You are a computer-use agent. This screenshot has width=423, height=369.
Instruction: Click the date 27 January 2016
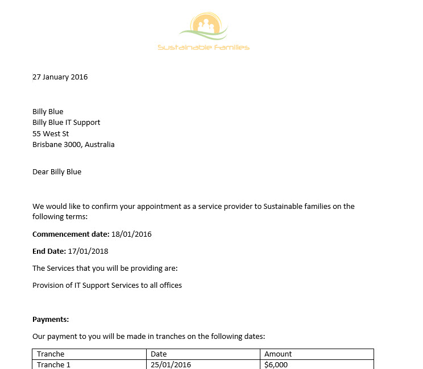[60, 77]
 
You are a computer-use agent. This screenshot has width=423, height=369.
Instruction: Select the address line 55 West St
[51, 133]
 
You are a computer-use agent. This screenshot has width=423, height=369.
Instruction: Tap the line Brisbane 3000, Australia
[73, 145]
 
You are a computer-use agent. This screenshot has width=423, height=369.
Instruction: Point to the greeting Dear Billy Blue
[57, 172]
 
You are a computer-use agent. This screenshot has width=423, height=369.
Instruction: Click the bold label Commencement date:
[70, 234]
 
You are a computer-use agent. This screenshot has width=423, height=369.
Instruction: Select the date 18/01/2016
[131, 234]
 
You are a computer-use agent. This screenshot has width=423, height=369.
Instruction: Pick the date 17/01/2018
[88, 251]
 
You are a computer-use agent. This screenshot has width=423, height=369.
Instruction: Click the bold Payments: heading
[51, 320]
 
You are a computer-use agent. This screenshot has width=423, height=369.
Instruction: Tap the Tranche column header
[51, 354]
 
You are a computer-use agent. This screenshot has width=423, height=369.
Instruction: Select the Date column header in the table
[159, 354]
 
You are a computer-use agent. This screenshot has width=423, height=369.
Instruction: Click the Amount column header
[278, 354]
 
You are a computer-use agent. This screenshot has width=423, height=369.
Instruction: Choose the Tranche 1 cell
[53, 364]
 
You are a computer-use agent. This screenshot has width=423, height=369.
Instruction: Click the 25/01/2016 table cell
[171, 364]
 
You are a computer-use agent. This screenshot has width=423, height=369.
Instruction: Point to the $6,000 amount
[276, 364]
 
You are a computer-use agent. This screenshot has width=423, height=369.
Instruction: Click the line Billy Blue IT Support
[67, 123]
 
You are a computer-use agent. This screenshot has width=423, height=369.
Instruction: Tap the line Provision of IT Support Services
[107, 286]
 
